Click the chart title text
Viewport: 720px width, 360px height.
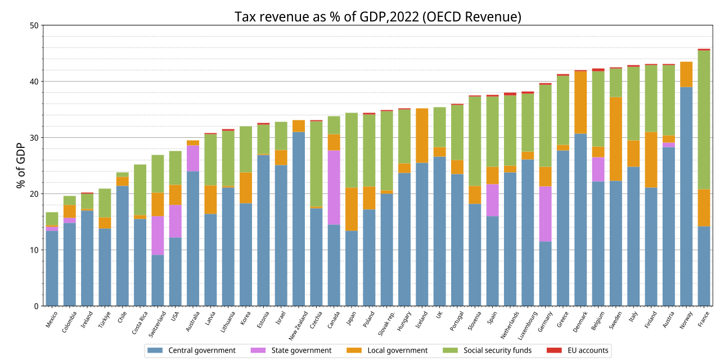coord(377,17)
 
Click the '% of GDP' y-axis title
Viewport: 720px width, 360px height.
coord(21,165)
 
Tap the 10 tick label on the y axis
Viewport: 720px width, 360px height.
coord(34,250)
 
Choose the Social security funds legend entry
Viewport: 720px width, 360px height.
coord(487,350)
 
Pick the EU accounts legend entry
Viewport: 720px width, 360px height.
coord(577,350)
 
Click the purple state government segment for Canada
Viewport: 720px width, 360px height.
coord(334,187)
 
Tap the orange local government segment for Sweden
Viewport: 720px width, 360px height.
coord(616,139)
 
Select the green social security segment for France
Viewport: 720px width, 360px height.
coord(704,120)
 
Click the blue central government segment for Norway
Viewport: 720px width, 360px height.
coord(686,196)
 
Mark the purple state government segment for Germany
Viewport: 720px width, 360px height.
coord(546,214)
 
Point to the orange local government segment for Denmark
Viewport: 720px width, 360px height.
coord(580,102)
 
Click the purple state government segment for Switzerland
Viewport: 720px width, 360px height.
coord(158,236)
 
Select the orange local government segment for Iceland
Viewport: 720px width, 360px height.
coord(422,136)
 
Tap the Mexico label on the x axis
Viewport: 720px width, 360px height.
coord(51,319)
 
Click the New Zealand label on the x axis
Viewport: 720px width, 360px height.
coord(298,326)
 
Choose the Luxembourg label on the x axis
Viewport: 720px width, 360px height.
coord(528,325)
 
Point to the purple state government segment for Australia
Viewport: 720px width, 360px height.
coord(193,159)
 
